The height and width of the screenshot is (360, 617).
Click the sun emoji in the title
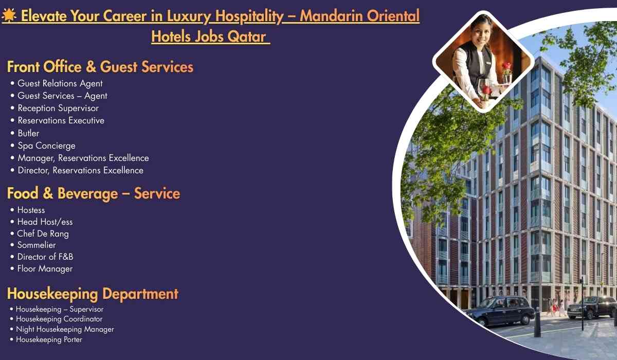[x=8, y=16]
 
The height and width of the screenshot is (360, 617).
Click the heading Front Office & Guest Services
[x=100, y=67]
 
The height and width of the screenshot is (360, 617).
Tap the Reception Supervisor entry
[x=58, y=108]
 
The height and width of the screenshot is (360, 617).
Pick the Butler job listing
[x=28, y=133]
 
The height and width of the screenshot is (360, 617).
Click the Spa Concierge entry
[x=46, y=146]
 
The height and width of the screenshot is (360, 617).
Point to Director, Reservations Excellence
[x=80, y=170]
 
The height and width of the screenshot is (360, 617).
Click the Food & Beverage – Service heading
[x=94, y=193]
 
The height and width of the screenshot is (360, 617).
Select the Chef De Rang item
[x=43, y=233]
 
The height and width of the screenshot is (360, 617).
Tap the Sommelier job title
[x=37, y=245]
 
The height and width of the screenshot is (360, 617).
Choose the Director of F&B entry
[x=45, y=257]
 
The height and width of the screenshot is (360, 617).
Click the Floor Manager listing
[x=45, y=268]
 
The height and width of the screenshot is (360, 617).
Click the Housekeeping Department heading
[x=93, y=294]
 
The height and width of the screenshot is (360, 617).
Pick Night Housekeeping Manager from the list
[x=65, y=329]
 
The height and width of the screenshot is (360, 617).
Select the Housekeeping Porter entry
[x=49, y=339]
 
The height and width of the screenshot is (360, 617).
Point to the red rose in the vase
[x=507, y=66]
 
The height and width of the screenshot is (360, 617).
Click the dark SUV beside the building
[x=591, y=307]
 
